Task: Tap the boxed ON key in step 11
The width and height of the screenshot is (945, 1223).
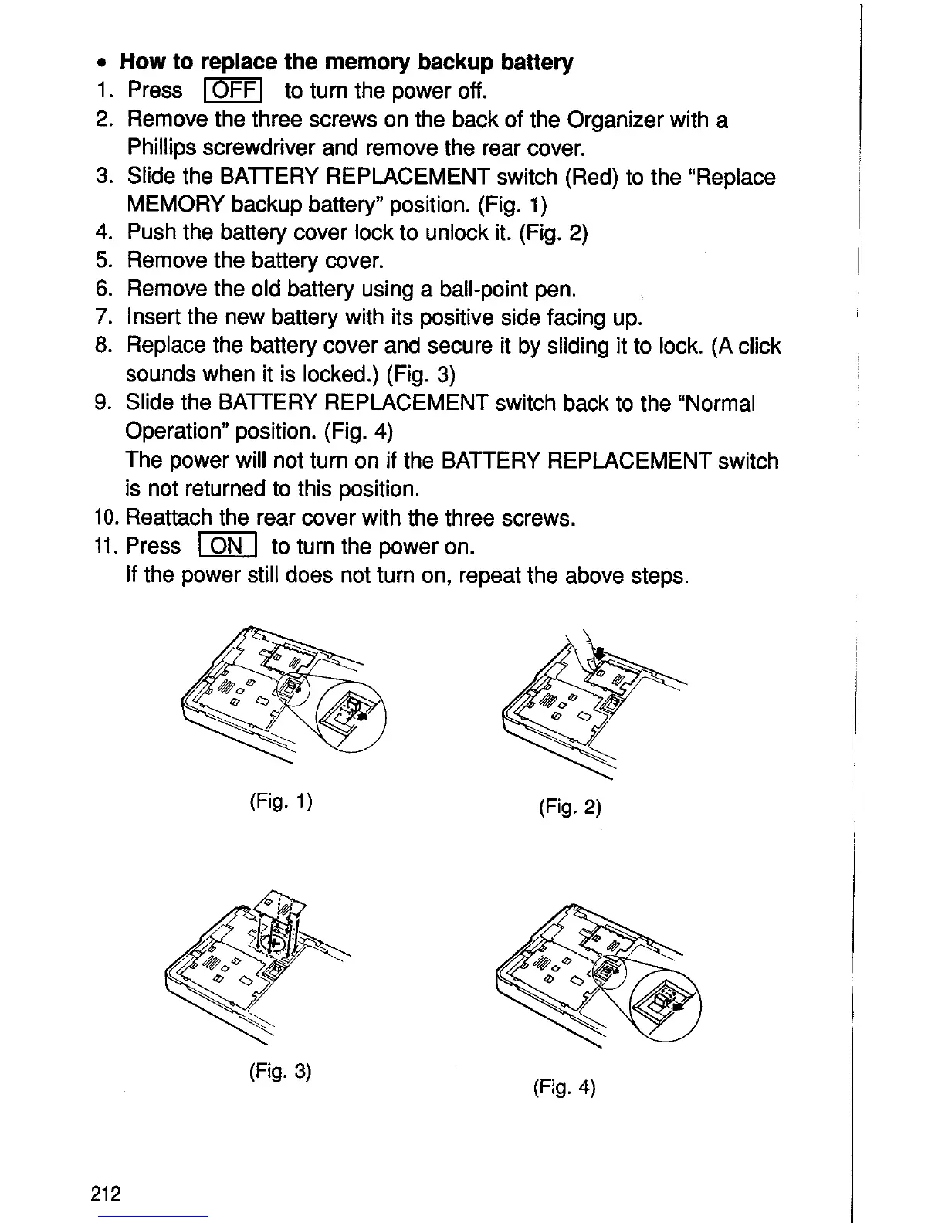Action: point(227,547)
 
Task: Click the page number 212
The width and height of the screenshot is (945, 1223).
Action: point(105,1194)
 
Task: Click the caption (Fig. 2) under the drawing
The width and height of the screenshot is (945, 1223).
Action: point(569,808)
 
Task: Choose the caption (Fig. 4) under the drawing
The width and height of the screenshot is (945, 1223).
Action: point(564,1089)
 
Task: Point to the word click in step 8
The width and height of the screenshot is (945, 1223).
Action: point(757,346)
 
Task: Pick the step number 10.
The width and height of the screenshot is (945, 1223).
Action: point(107,518)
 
